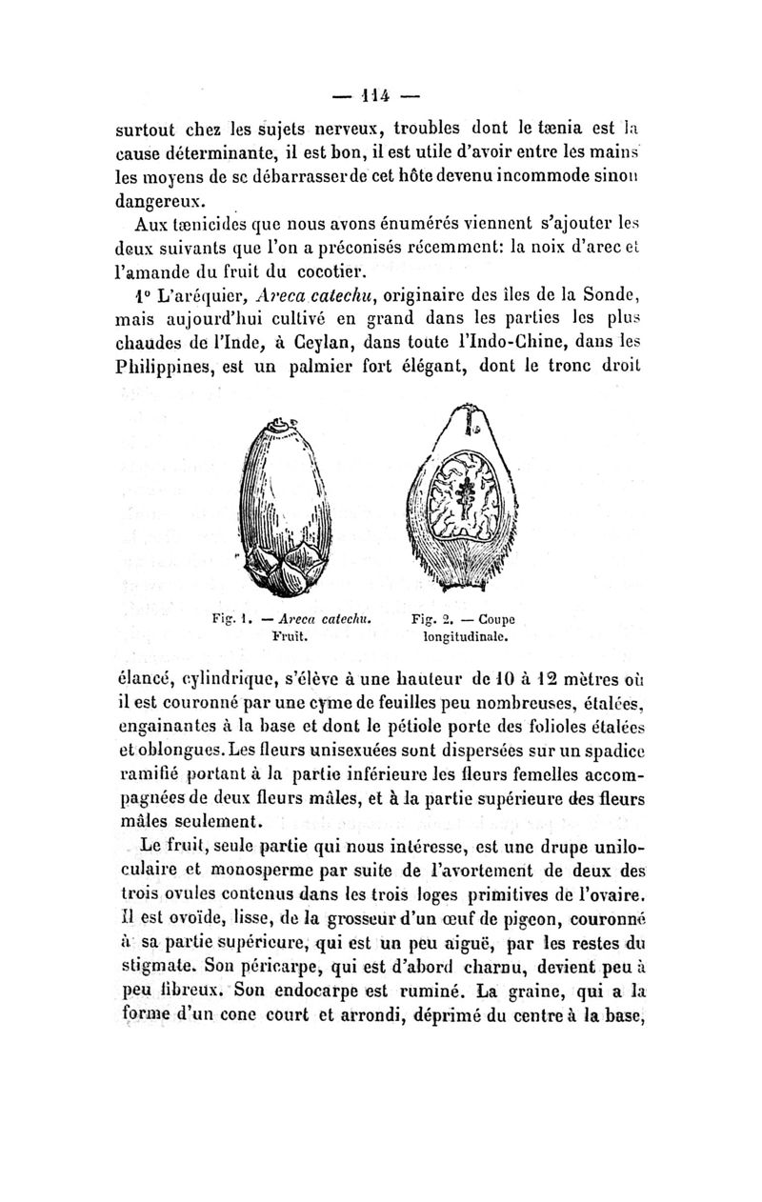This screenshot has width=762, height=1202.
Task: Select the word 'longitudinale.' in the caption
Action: (464, 632)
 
